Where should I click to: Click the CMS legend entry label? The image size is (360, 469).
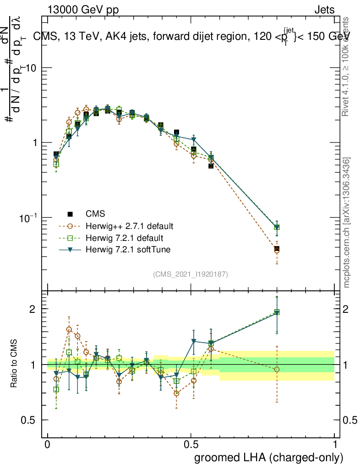(95, 214)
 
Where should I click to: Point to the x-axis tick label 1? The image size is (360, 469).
(335, 445)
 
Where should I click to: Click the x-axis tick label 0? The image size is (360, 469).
(47, 445)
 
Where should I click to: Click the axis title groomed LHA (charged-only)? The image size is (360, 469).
(269, 458)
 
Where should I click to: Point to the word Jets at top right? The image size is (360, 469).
(324, 10)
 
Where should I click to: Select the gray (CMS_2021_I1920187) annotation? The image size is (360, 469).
(191, 274)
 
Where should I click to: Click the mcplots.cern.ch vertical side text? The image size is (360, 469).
(347, 223)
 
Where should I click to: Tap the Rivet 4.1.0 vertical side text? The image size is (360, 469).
(347, 66)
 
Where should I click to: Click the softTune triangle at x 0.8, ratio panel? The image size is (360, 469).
(277, 313)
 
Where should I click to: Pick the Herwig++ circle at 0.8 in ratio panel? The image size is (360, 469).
(277, 369)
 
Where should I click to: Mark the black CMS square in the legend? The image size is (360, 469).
(71, 214)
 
